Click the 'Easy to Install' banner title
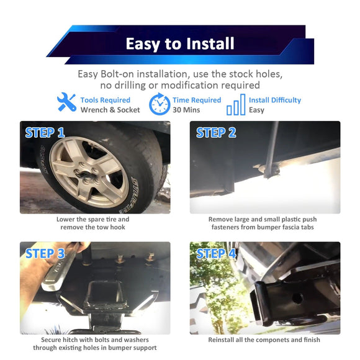[180, 43]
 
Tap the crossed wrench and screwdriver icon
[66, 102]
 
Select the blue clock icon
[160, 104]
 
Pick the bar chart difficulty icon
[236, 104]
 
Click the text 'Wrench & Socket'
[110, 110]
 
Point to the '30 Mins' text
[186, 110]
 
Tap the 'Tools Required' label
[106, 100]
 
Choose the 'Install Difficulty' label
[275, 100]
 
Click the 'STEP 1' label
[45, 132]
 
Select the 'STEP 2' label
[216, 132]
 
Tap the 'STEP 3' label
[45, 253]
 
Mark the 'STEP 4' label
[216, 253]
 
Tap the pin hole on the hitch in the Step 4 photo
[297, 299]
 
